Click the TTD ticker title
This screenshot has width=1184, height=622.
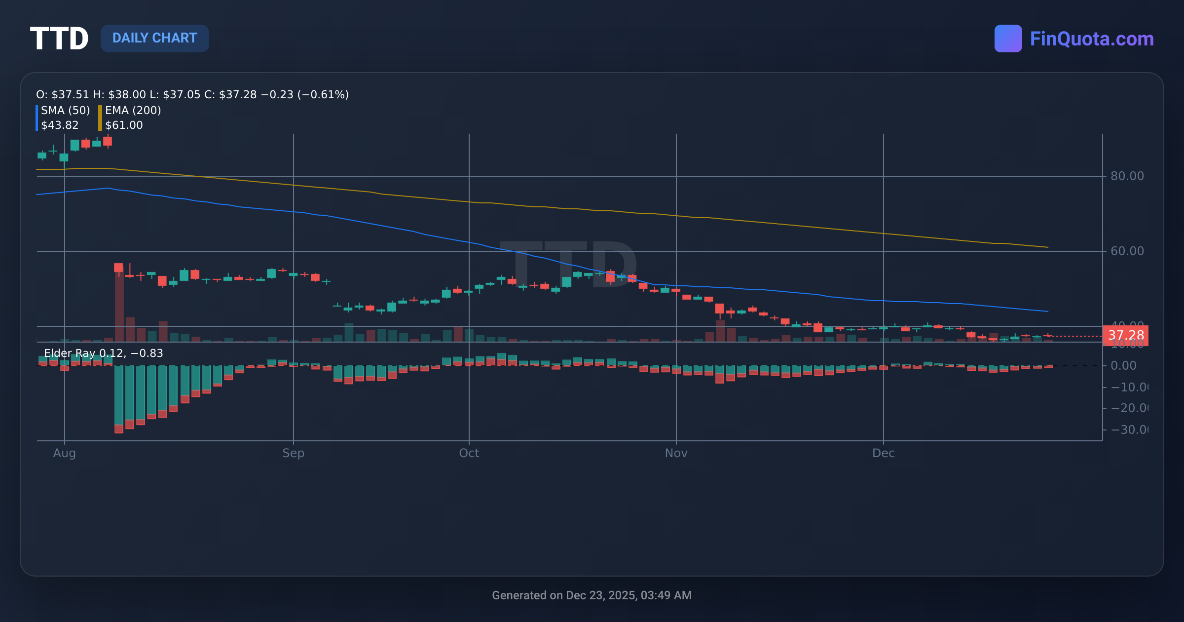click(x=59, y=39)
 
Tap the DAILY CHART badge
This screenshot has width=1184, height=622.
click(x=154, y=38)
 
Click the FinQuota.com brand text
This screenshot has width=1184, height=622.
click(x=1091, y=39)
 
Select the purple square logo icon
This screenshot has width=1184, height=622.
click(x=1008, y=39)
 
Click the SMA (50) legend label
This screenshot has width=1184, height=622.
click(x=65, y=110)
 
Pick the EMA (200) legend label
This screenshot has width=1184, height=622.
click(x=133, y=110)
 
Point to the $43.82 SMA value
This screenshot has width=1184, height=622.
click(x=60, y=125)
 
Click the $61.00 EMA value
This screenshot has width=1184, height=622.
click(x=124, y=125)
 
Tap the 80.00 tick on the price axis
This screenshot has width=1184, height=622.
click(x=1127, y=176)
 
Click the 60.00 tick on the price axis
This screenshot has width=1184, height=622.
click(x=1127, y=251)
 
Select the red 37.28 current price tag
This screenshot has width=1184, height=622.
click(x=1125, y=336)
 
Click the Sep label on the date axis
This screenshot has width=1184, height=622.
click(x=293, y=453)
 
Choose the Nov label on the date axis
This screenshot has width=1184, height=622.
click(x=676, y=453)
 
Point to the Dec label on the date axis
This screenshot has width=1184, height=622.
click(x=883, y=453)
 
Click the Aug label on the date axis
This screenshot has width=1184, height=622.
click(x=64, y=453)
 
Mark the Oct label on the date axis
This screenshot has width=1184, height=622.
click(x=469, y=453)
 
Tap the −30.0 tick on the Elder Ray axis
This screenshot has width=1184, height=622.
click(x=1129, y=429)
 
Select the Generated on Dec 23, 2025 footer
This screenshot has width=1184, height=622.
click(x=592, y=595)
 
